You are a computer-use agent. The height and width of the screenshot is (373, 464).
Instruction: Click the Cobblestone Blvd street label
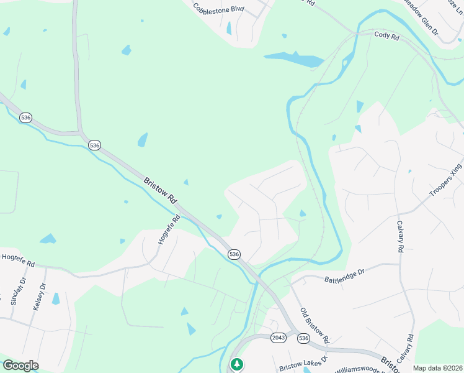pos(219,9)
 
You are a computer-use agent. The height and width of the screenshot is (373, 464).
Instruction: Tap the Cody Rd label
pos(386,36)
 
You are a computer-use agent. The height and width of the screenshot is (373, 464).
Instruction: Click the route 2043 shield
pos(279,338)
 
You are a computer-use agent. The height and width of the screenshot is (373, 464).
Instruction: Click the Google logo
pos(20,366)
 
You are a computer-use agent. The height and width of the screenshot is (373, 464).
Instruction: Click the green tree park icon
pos(236,364)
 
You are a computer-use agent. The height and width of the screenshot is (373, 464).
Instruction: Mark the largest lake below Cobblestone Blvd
pos(294,60)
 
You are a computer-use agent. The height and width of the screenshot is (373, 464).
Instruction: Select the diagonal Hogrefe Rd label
pos(168,229)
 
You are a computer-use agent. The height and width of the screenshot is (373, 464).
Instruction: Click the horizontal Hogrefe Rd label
pos(18,256)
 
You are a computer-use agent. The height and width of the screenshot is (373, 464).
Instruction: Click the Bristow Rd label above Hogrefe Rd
pos(161,191)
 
